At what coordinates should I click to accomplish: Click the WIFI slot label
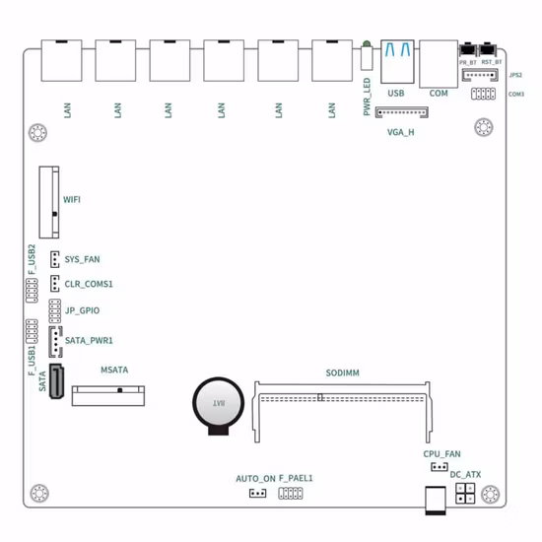(72, 200)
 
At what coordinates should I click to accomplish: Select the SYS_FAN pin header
(56, 259)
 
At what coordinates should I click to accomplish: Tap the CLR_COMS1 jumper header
(56, 284)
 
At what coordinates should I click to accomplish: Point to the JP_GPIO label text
(81, 311)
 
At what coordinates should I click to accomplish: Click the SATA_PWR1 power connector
(56, 340)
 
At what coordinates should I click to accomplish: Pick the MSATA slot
(107, 395)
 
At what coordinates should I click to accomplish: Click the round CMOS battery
(216, 405)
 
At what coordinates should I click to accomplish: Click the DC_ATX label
(465, 474)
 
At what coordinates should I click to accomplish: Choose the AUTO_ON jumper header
(257, 493)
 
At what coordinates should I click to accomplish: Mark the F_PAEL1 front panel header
(291, 492)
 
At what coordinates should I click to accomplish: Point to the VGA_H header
(402, 112)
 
